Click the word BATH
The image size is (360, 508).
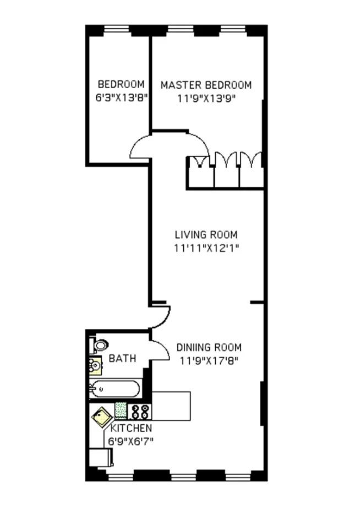122,359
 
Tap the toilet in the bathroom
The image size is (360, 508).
100,345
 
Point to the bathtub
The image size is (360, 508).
115,389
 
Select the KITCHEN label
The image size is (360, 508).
132,428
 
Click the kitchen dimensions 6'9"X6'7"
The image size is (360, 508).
130,441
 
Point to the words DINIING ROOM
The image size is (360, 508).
209,348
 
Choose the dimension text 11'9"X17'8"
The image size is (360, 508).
209,361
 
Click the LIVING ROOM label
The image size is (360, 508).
206,234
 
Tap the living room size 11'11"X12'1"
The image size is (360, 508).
206,248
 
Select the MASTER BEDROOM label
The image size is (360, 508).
206,85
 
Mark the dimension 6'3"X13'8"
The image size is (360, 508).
121,99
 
